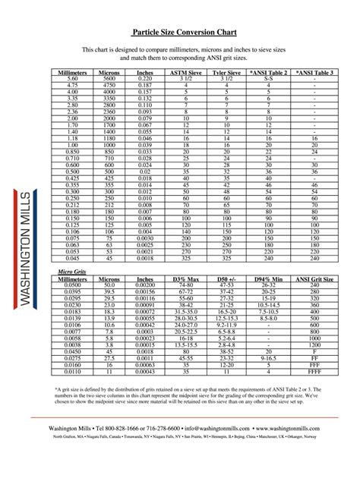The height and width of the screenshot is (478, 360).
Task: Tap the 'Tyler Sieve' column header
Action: tap(226, 72)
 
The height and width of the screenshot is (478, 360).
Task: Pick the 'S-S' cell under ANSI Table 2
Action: tap(269, 79)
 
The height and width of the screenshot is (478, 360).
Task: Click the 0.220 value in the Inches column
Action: tap(144, 79)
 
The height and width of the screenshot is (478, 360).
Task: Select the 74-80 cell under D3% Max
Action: tap(185, 285)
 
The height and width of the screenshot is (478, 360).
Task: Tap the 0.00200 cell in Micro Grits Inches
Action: tap(144, 285)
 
